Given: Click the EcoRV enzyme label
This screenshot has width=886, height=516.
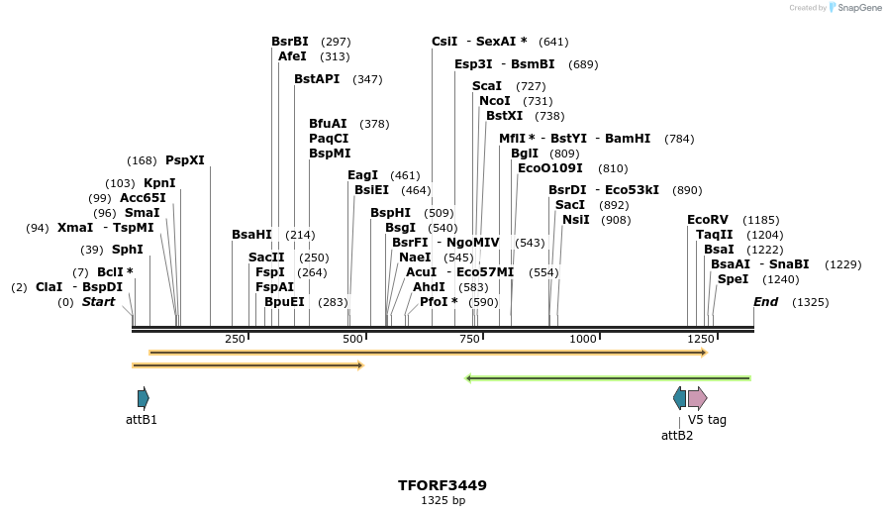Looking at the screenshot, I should point(707,220).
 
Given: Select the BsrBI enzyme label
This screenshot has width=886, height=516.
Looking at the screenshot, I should point(290,42).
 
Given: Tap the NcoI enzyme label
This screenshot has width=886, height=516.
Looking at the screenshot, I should point(495,101).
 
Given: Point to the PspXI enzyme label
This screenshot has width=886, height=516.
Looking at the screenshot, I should point(185,160).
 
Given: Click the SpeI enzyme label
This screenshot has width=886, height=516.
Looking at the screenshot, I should point(733,279).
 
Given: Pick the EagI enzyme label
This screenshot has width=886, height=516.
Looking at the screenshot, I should point(362,175).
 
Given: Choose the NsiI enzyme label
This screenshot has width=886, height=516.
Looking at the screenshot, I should point(575,220).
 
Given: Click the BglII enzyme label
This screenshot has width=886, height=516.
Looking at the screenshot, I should point(525,154).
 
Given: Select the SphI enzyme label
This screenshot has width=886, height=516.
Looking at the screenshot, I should point(127,250).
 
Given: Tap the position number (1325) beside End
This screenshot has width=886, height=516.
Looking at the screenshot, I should point(811,302).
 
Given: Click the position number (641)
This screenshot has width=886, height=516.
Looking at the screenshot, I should point(553,42).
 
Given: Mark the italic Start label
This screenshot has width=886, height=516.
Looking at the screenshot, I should point(98,302).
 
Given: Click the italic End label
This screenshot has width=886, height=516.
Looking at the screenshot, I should point(765,302).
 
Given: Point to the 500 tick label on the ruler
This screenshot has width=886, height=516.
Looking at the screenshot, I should point(353,340).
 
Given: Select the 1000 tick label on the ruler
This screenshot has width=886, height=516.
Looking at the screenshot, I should point(583,340).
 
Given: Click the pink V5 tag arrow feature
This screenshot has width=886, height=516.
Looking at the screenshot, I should point(697,398).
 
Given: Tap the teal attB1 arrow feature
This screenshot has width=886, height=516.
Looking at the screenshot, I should point(144,398).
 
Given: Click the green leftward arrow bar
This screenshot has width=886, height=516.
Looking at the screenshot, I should point(608,378).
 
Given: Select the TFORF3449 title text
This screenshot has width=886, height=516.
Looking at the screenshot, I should point(443,485).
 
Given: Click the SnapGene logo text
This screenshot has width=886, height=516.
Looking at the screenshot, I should point(853,8).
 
